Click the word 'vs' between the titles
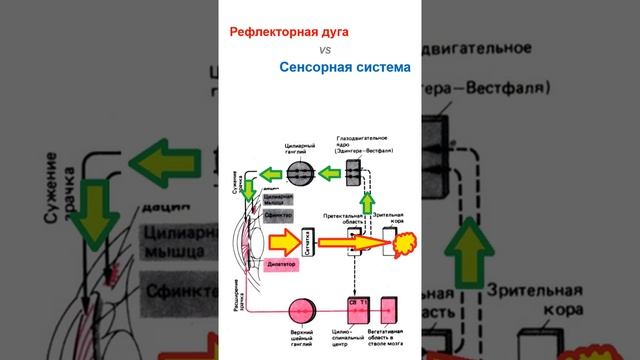pos(325,49)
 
